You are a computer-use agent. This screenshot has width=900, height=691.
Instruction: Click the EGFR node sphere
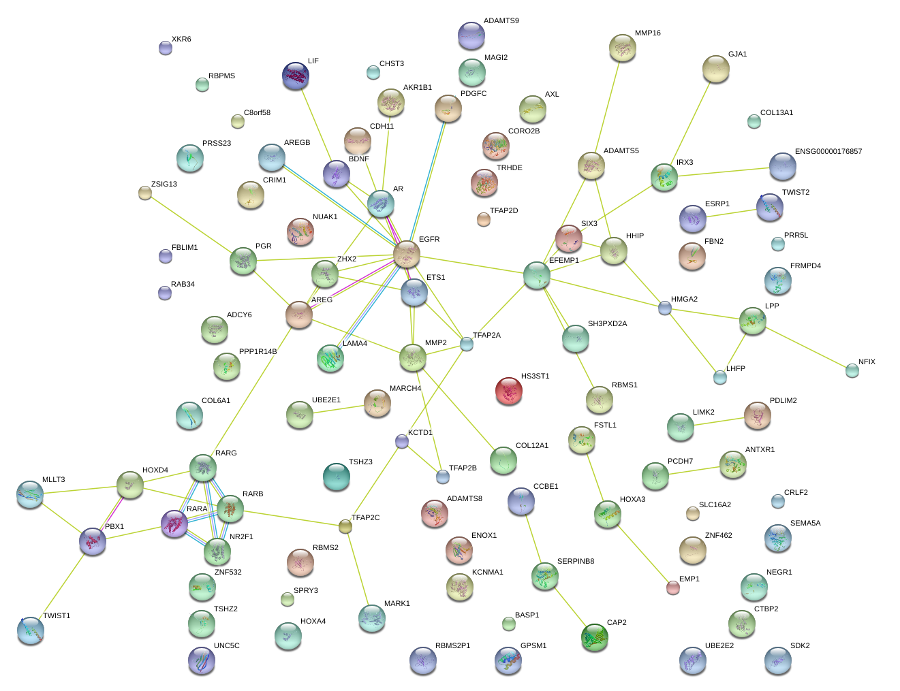point(407,254)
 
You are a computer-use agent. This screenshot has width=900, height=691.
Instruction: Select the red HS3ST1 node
point(509,391)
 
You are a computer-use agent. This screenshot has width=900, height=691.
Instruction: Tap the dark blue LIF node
point(296,76)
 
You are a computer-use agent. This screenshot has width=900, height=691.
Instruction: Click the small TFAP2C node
point(345,526)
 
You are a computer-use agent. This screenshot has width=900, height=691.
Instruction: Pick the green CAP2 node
point(595,637)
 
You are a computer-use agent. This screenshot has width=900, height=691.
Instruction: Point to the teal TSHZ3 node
point(337,477)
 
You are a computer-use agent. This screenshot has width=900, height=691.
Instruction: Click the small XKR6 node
point(166,48)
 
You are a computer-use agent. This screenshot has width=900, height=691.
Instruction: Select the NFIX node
point(852,370)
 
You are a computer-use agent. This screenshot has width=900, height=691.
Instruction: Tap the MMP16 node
point(623,48)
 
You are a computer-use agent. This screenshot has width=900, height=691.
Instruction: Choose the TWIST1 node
point(31,630)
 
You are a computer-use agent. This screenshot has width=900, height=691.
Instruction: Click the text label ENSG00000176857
point(828,152)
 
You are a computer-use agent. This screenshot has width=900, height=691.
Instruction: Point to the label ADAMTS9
point(501,21)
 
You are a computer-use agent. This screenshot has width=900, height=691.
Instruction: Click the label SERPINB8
point(575,562)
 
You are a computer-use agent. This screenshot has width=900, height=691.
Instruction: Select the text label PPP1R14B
point(258,352)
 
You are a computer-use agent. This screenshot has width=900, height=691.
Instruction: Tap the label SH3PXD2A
point(607,324)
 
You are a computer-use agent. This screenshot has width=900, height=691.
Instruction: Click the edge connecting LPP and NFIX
point(804,347)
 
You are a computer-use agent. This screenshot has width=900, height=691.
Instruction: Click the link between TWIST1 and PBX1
point(62,585)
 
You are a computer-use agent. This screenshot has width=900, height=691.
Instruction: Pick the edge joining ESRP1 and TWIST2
point(731,214)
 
